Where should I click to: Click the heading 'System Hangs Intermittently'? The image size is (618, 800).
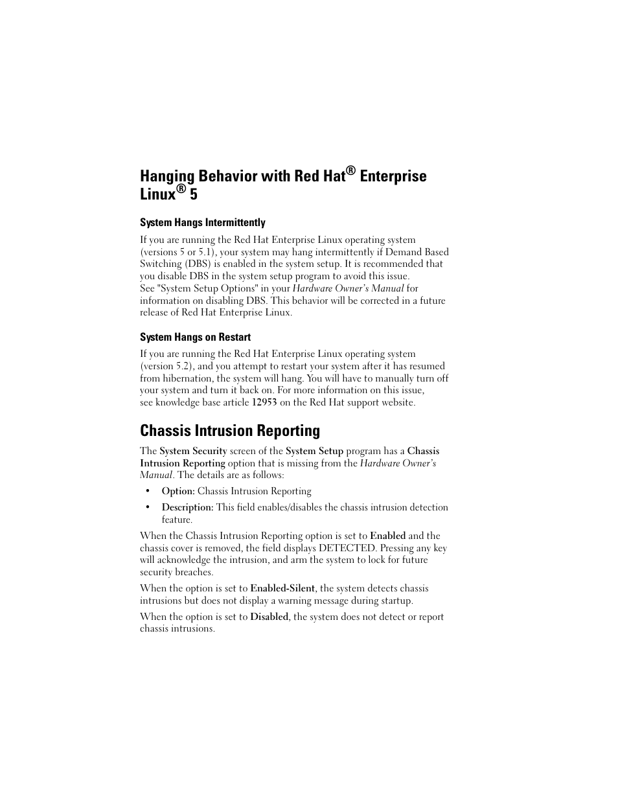pos(202,223)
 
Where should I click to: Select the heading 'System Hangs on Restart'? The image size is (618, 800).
pos(195,337)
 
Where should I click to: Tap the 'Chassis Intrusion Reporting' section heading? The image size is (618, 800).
pos(229,431)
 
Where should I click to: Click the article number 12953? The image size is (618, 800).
pos(264,403)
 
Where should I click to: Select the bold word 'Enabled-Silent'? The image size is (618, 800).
pos(282,589)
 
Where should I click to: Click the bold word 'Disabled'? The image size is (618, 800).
pos(269,617)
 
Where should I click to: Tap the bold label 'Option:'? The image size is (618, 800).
pos(178,492)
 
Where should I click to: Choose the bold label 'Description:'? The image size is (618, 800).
pos(187,508)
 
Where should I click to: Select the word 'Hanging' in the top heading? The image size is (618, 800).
pos(167,176)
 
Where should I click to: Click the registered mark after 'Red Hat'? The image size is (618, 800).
pos(351,170)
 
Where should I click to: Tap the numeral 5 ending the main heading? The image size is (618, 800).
pos(194,194)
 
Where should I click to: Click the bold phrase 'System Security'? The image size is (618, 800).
pos(193,451)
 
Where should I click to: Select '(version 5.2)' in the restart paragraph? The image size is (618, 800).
pos(166,367)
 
